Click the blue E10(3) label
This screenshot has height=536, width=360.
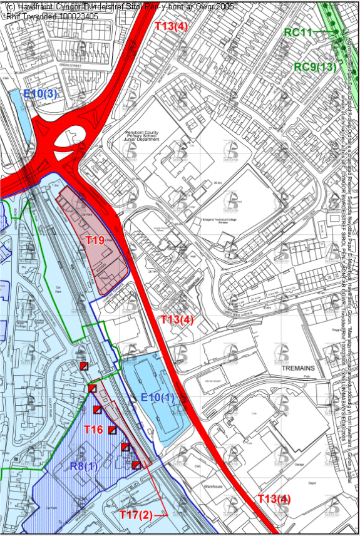pyautogui.click(x=40, y=94)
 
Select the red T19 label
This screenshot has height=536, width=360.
pyautogui.click(x=95, y=240)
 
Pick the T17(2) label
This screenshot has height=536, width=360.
pyautogui.click(x=136, y=515)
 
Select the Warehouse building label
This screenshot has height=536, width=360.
pyautogui.click(x=213, y=485)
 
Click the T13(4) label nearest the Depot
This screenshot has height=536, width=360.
pyautogui.click(x=274, y=499)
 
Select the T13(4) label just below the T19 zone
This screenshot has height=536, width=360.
pyautogui.click(x=177, y=319)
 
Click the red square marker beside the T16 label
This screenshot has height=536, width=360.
pyautogui.click(x=113, y=430)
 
